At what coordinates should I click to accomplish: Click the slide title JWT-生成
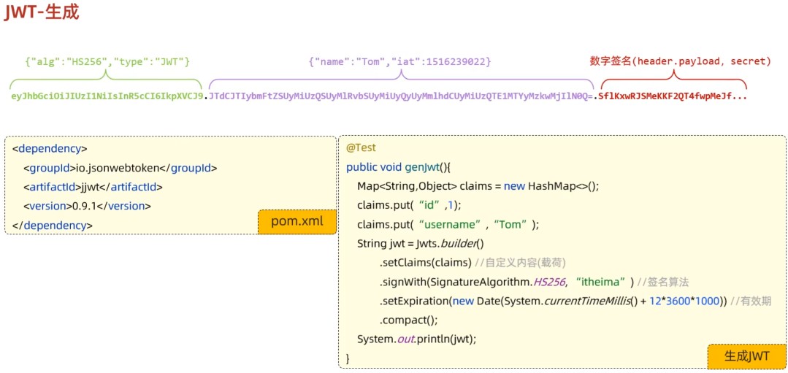(42, 12)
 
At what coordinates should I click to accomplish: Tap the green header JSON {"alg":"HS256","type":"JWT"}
(107, 62)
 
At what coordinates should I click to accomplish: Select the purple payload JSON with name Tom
(399, 62)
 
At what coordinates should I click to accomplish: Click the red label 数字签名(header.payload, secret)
(680, 62)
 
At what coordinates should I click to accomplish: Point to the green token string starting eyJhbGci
(107, 96)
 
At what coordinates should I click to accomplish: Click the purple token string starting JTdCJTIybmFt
(400, 96)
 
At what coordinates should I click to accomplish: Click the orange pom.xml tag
(297, 222)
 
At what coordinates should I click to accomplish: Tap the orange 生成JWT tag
(746, 356)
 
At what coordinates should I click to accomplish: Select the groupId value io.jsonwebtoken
(118, 168)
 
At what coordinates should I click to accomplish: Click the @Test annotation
(361, 147)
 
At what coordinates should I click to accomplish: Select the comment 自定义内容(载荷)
(520, 263)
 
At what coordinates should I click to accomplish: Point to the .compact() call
(408, 320)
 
